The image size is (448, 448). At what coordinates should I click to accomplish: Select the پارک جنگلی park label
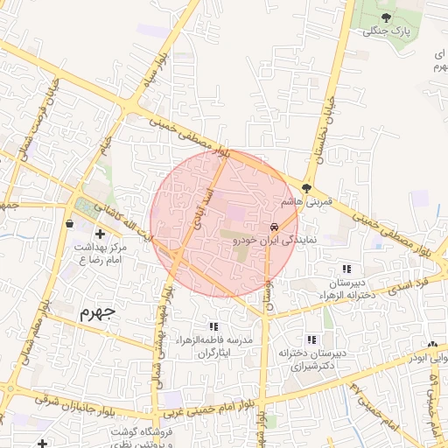(387, 31)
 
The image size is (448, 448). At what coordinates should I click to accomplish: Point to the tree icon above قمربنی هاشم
(306, 187)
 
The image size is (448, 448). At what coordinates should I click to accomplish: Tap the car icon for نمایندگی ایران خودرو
(285, 225)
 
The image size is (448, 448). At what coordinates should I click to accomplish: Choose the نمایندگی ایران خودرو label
(281, 240)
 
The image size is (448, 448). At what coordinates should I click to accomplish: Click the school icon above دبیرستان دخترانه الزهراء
(346, 269)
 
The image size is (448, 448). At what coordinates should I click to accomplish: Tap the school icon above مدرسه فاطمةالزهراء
(214, 325)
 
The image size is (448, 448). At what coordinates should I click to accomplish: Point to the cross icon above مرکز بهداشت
(100, 234)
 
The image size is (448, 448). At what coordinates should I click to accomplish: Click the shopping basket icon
(69, 223)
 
